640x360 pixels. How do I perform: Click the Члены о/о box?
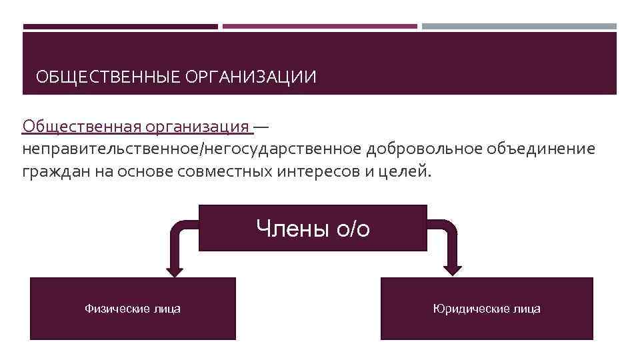pos(313,228)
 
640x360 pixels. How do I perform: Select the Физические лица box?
pos(133,309)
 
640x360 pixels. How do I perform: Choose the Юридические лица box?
pos(487,309)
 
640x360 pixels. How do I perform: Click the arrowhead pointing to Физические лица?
pos(175,270)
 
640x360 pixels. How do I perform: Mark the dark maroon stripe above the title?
pos(120,27)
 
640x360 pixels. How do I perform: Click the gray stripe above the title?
pos(519,27)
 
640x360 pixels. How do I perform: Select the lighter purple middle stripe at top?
pos(320,27)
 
